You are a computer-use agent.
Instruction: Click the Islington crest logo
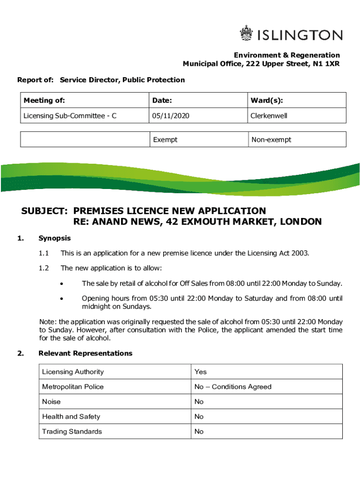246,34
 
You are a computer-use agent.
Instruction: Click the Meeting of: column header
44,100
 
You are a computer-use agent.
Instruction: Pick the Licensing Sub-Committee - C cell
70,115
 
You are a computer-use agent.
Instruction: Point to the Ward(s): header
267,100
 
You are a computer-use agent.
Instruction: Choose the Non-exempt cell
271,139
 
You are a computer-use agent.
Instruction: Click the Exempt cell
165,139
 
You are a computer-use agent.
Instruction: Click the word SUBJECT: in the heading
45,211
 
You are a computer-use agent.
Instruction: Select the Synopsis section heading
55,238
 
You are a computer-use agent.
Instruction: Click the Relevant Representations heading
86,353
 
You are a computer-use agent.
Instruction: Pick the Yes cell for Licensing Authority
201,372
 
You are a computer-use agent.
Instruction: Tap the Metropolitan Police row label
73,387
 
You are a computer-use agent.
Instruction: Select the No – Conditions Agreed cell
233,387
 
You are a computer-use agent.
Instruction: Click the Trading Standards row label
72,431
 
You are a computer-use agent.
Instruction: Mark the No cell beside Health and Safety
199,416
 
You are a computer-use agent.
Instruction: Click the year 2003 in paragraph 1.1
300,253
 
